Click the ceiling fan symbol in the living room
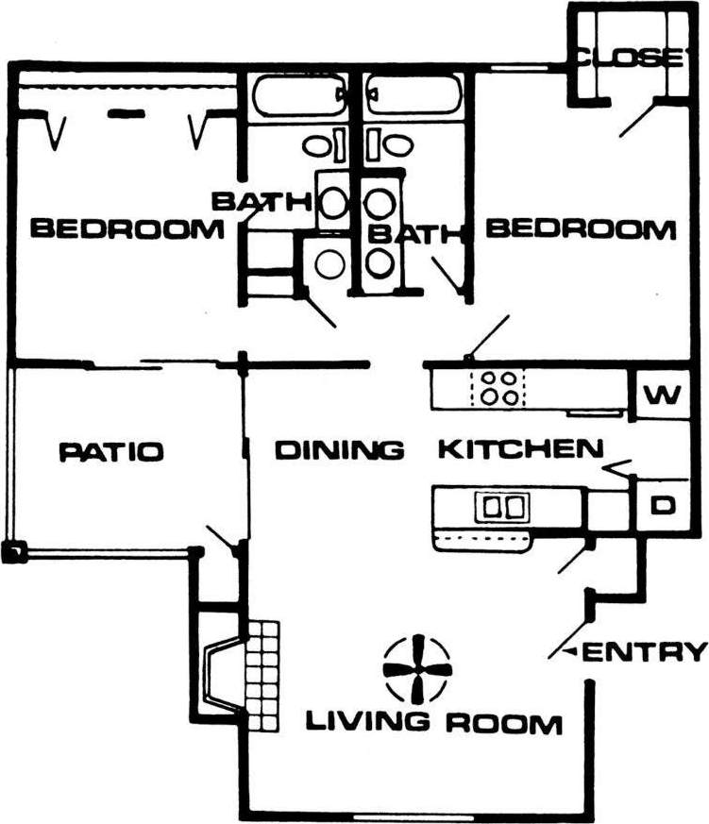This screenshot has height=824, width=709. click(415, 667)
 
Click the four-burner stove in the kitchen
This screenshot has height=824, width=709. click(498, 388)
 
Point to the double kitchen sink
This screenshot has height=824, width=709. click(504, 507)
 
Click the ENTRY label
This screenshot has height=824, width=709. click(646, 651)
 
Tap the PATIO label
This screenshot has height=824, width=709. click(110, 451)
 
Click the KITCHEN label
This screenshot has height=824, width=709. click(519, 448)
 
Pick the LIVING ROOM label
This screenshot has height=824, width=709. click(433, 724)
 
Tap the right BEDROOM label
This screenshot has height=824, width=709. click(582, 228)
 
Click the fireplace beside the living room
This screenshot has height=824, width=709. click(224, 673)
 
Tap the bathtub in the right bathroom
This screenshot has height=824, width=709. click(414, 95)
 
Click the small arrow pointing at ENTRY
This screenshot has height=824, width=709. click(569, 652)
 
